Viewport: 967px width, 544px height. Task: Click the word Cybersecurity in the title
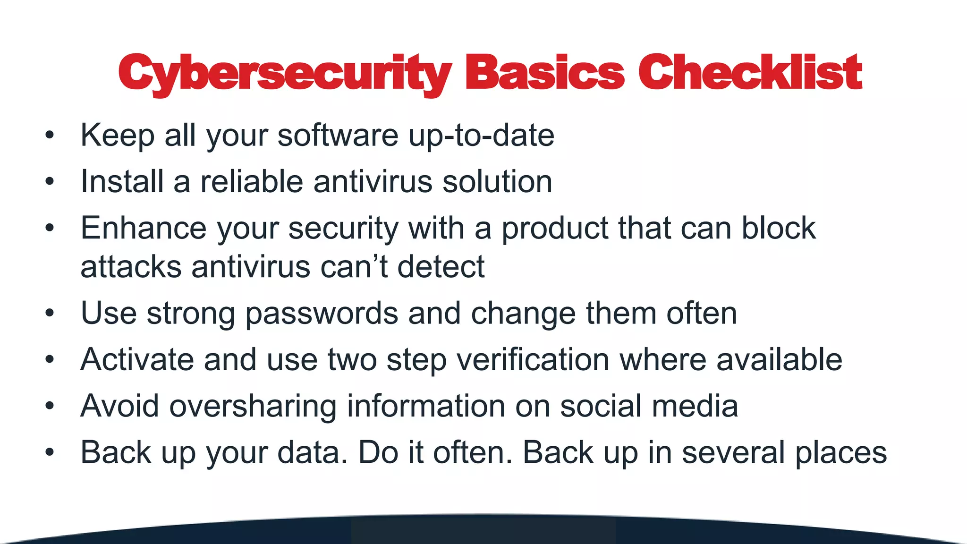(285, 73)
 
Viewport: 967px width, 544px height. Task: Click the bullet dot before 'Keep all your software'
(50, 136)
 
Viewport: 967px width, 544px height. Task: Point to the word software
(338, 136)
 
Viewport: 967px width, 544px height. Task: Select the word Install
(122, 181)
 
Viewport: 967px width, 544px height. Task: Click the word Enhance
(144, 228)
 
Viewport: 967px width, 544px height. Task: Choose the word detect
(441, 267)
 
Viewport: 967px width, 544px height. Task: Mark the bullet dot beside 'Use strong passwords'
(50, 313)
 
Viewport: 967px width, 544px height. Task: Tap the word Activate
(137, 359)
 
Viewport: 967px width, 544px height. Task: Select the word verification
(533, 359)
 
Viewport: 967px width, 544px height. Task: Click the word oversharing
(253, 406)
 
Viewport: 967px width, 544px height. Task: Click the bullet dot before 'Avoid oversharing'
(50, 406)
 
